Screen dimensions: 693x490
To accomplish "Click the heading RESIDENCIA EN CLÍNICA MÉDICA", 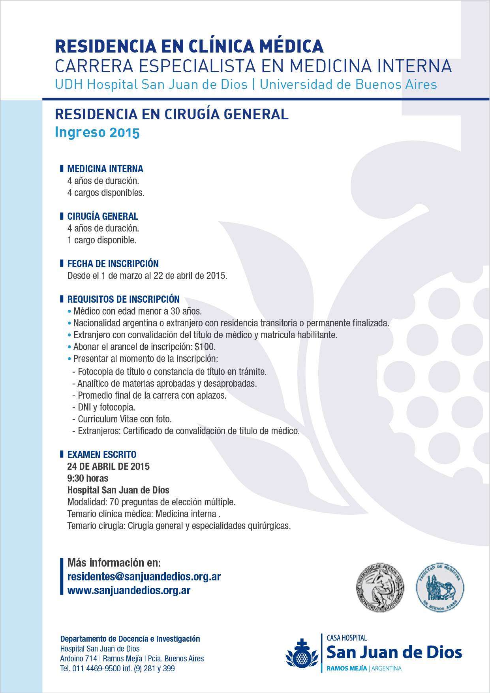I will pyautogui.click(x=189, y=46).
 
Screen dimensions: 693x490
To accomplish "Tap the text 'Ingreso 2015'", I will pyautogui.click(x=97, y=132).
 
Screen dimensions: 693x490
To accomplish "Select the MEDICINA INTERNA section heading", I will pyautogui.click(x=105, y=169).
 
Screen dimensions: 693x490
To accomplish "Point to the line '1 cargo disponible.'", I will pyautogui.click(x=102, y=240).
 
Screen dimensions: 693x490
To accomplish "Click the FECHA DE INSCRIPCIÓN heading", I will pyautogui.click(x=113, y=264).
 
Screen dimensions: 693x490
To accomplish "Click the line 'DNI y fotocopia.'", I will pyautogui.click(x=106, y=407).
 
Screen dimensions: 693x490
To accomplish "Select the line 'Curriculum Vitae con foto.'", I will pyautogui.click(x=124, y=419).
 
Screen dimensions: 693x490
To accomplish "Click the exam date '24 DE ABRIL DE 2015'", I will pyautogui.click(x=109, y=467).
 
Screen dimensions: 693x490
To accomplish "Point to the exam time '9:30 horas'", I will pyautogui.click(x=88, y=478).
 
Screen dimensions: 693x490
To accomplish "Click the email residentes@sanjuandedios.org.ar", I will pyautogui.click(x=144, y=577).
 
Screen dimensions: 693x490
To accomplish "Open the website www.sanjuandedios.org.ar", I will pyautogui.click(x=129, y=591).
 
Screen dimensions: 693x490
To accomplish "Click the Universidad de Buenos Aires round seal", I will pyautogui.click(x=380, y=588).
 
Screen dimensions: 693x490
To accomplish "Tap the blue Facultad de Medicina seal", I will pyautogui.click(x=440, y=588).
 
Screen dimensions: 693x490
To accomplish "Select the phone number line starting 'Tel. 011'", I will pyautogui.click(x=117, y=669).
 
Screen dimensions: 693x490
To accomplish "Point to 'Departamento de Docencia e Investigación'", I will pyautogui.click(x=130, y=639).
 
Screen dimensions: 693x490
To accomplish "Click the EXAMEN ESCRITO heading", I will pyautogui.click(x=102, y=455).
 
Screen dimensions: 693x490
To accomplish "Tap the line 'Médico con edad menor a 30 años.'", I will pyautogui.click(x=137, y=311).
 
